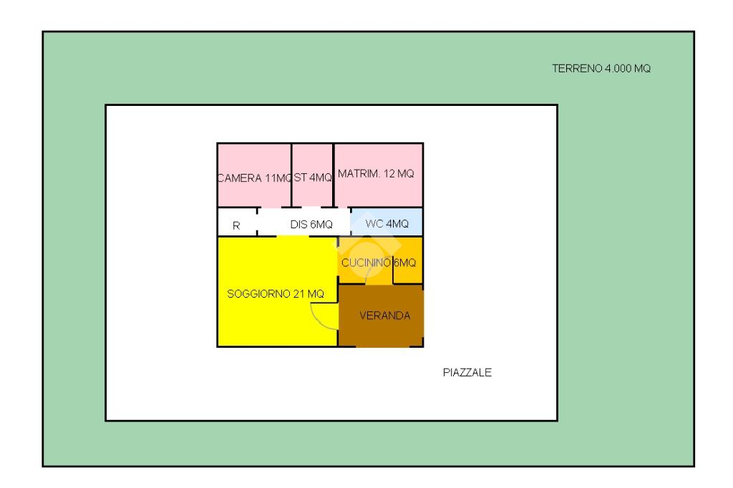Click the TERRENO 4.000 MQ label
(601, 69)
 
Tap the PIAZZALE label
(467, 372)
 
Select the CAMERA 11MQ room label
(254, 178)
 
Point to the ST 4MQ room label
(313, 178)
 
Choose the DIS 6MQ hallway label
(311, 225)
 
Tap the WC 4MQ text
(387, 224)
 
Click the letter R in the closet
(236, 226)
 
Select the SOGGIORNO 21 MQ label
(276, 293)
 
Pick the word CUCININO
(366, 263)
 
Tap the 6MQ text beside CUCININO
(405, 263)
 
